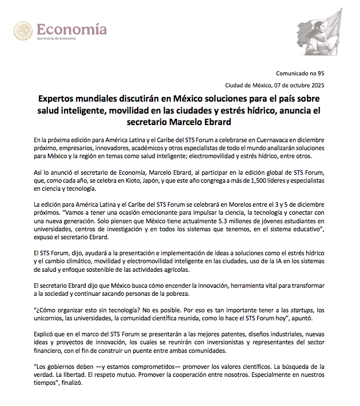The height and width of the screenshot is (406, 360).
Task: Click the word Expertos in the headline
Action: (x=58, y=99)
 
